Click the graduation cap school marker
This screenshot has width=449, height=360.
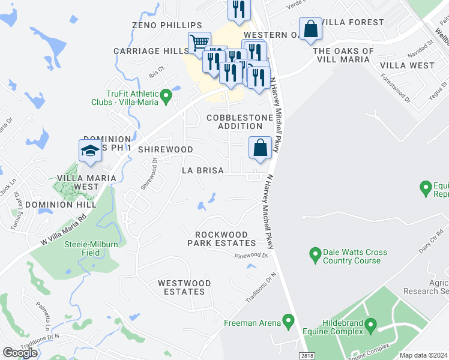coord(89,151)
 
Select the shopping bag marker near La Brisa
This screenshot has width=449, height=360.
coord(260,148)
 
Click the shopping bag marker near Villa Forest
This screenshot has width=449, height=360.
coord(311,29)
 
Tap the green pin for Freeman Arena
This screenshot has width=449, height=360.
coord(289,322)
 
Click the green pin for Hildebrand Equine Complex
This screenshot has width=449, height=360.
coord(370,326)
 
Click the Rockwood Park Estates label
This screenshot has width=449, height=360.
coord(221,239)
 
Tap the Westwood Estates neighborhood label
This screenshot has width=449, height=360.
coord(181,287)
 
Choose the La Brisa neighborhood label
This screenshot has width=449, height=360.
coord(203,170)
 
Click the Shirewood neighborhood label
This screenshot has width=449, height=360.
coord(166,149)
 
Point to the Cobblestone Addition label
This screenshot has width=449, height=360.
coord(235,122)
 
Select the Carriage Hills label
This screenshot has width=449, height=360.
coord(151,51)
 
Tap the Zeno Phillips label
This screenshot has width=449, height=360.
coord(167,25)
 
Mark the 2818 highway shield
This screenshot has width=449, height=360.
coord(307,356)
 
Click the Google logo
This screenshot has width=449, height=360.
coord(20,353)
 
